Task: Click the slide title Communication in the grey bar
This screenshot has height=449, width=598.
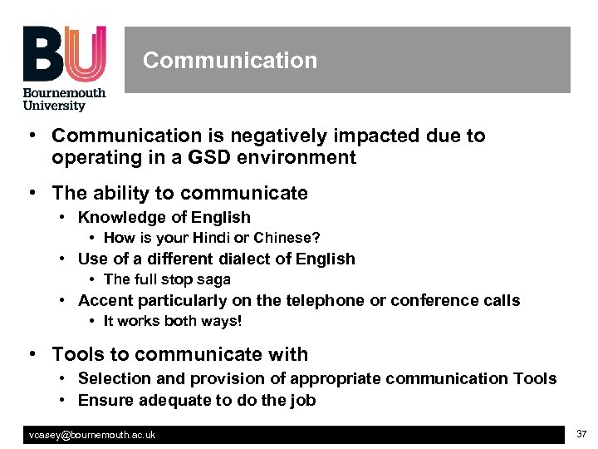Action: (230, 61)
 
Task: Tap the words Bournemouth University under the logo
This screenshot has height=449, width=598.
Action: (64, 99)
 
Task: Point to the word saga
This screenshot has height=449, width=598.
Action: (215, 279)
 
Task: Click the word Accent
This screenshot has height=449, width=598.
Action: (105, 300)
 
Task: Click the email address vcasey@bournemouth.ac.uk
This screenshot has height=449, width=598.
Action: (92, 435)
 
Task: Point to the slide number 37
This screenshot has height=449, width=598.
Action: (581, 434)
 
